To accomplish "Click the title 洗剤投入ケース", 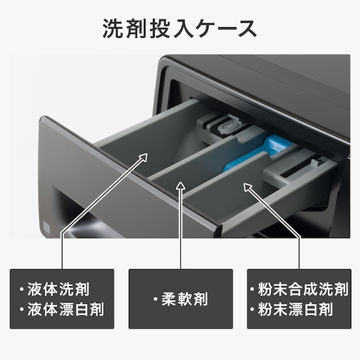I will pyautogui.click(x=180, y=28).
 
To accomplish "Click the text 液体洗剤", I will pyautogui.click(x=65, y=290).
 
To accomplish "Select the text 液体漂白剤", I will pyautogui.click(x=70, y=309).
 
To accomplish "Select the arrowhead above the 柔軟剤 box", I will pyautogui.click(x=181, y=186).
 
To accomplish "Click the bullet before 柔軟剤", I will pyautogui.click(x=155, y=299).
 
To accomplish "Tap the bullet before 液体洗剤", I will pyautogui.click(x=21, y=290).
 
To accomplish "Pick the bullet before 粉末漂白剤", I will pyautogui.click(x=253, y=309).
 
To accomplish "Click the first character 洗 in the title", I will pyautogui.click(x=114, y=28).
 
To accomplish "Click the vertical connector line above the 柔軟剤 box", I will pyautogui.click(x=181, y=234).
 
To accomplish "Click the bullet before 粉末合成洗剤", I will pyautogui.click(x=253, y=290).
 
